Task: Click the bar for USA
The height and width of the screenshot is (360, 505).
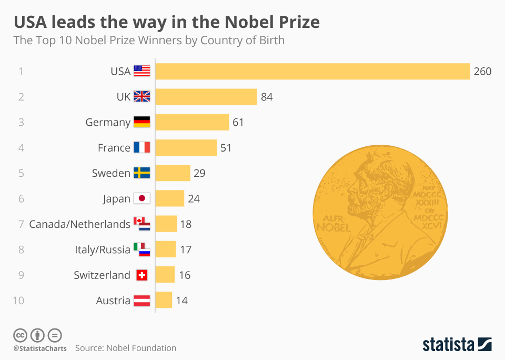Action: (x=312, y=72)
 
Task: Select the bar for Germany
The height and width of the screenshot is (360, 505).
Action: (x=192, y=122)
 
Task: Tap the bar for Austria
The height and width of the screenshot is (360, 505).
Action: (x=164, y=300)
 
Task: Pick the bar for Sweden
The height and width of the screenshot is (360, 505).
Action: (x=173, y=173)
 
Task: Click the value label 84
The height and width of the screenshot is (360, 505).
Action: (x=267, y=97)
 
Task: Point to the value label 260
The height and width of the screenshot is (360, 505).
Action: (x=482, y=72)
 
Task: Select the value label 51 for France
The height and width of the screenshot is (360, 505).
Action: (x=226, y=148)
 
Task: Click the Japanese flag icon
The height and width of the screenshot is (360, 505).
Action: (x=142, y=198)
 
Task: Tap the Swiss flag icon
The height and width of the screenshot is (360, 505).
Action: (x=142, y=275)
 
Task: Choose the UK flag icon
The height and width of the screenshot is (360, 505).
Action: (x=142, y=97)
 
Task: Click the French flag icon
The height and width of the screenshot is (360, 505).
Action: (x=142, y=148)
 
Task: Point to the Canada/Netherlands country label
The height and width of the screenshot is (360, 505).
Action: (x=79, y=224)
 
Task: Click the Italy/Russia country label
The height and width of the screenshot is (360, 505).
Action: (x=103, y=249)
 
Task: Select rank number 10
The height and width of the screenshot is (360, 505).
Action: (x=19, y=301)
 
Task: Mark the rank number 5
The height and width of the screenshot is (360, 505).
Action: (x=21, y=173)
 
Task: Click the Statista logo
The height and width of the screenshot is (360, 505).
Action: (x=457, y=345)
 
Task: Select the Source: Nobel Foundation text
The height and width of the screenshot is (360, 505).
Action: (x=126, y=348)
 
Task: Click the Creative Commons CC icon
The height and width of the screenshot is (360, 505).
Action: (x=20, y=335)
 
